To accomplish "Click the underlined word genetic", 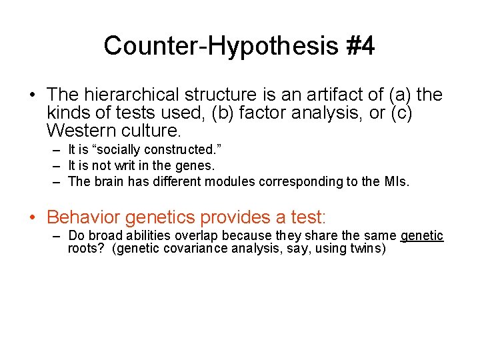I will coord(421,236).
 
